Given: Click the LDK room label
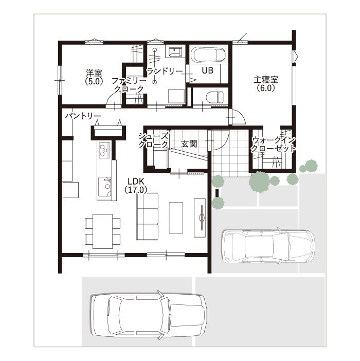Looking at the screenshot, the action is click(x=136, y=185).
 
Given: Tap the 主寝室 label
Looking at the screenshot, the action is click(x=266, y=84).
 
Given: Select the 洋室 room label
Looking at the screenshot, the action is click(x=94, y=77).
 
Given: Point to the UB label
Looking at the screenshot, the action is click(x=207, y=70).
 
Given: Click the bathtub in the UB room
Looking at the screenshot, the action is click(x=209, y=55).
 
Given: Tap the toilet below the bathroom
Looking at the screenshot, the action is click(x=214, y=97).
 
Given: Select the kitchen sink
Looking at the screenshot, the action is click(x=105, y=186).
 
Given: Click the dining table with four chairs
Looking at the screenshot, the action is click(x=103, y=231).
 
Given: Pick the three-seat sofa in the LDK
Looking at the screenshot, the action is click(x=147, y=216).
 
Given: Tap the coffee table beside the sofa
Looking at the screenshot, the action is click(x=176, y=218).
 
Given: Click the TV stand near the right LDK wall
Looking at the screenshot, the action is click(x=200, y=218).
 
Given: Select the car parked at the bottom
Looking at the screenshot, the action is click(x=148, y=315).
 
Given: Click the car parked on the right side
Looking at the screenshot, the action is click(x=268, y=246).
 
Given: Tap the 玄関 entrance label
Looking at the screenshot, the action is click(x=189, y=144).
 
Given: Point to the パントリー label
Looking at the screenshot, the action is click(x=83, y=116).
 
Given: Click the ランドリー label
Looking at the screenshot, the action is click(x=165, y=71).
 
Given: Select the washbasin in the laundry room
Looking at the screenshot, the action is click(x=175, y=52).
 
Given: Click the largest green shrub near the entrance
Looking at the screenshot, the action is click(x=259, y=181).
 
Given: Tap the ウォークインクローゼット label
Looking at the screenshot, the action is click(x=273, y=144).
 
